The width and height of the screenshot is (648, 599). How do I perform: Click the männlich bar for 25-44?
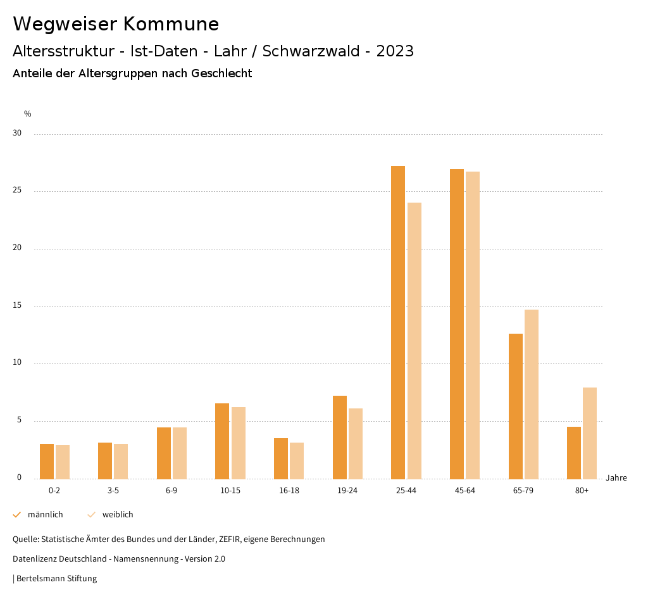point(398,322)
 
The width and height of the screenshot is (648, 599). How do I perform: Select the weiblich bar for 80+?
point(590,433)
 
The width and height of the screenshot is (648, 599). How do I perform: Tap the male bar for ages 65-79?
point(516,406)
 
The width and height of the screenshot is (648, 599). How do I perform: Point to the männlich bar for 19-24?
point(340,437)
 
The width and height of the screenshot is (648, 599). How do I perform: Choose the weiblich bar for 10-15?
point(239,443)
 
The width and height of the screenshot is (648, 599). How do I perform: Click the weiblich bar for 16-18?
point(297,460)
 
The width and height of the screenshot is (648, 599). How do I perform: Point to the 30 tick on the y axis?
point(17,134)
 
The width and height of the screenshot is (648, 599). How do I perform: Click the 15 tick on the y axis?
point(17,306)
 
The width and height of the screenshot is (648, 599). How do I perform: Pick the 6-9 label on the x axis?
point(171,491)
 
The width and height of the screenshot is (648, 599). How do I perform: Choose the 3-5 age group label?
point(113,491)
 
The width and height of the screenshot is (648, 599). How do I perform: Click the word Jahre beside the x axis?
point(616,478)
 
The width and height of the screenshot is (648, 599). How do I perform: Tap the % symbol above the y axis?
point(28,114)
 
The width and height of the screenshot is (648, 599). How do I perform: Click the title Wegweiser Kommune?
point(116,24)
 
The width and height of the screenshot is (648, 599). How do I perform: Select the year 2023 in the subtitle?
point(395,51)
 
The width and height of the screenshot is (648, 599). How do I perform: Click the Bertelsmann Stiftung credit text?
point(56,579)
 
